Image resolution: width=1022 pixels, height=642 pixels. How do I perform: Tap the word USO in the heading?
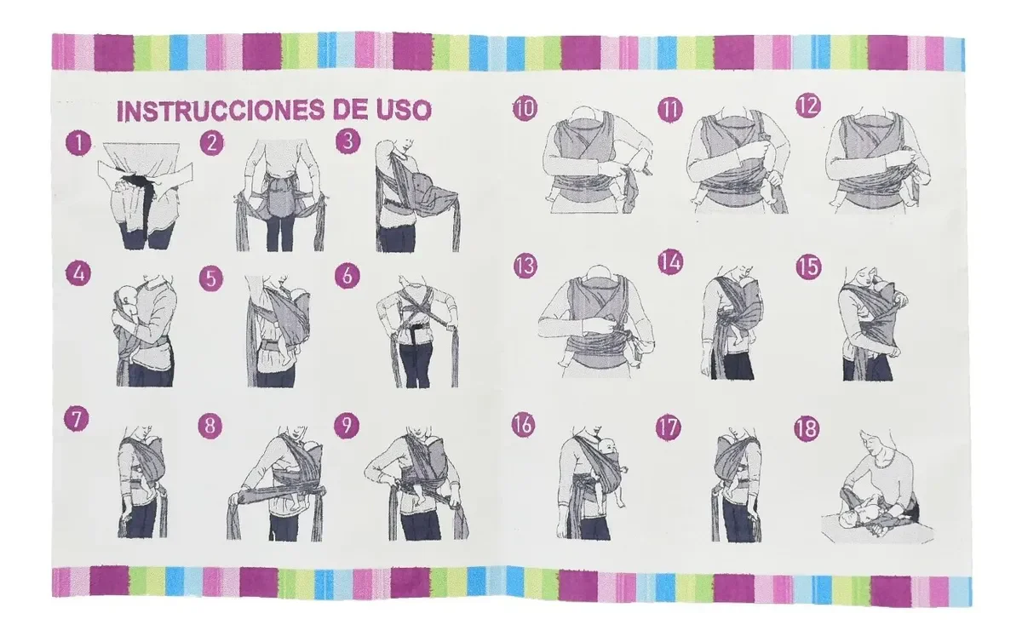pos(404,111)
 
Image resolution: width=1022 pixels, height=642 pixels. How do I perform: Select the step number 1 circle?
pos(78,143)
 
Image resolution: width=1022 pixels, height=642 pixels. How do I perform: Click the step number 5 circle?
pos(211,278)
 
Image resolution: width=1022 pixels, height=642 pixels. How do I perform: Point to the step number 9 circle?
pos(347,425)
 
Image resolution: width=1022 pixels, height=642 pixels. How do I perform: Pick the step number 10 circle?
pos(525,109)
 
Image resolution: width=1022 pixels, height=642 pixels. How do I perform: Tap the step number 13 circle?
pos(525,266)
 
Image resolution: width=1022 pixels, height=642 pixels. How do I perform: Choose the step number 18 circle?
pos(807,429)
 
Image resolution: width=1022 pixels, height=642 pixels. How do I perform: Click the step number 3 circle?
pos(347,141)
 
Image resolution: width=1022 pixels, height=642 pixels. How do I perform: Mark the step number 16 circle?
pos(523,425)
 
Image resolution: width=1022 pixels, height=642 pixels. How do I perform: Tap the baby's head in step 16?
pos(606,447)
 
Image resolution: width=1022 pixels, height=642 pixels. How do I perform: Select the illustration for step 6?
pos(417,331)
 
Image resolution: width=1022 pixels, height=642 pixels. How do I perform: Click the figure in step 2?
pos(279,195)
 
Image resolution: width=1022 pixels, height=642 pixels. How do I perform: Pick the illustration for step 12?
pos(877,160)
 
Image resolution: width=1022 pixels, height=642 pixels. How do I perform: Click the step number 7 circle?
pos(76,419)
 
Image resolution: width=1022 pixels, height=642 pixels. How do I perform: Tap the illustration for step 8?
pos(276,484)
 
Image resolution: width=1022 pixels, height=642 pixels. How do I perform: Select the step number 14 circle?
pos(670,262)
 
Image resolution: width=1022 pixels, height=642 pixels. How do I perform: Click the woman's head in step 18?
pos(872,442)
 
